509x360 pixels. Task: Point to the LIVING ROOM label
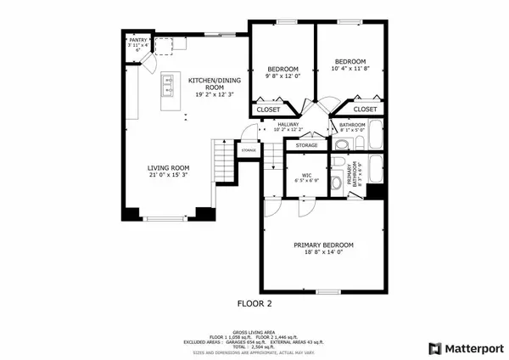click(168, 168)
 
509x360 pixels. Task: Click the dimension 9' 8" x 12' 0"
click(281, 77)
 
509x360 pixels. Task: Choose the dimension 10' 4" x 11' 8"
click(350, 69)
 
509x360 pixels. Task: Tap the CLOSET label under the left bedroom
click(268, 110)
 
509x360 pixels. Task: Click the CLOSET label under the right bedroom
click(365, 110)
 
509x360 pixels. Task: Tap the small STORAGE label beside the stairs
click(249, 150)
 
